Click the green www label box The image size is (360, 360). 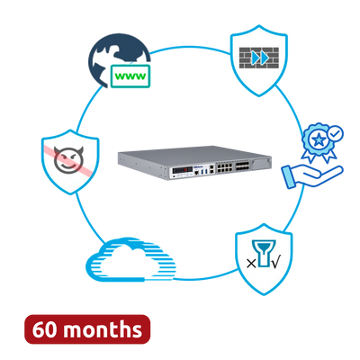[x=130, y=76]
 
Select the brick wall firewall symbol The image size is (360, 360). [x=259, y=58]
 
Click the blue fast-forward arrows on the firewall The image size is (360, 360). [x=260, y=58]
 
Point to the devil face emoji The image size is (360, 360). [x=68, y=159]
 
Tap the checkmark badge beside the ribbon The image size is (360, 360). [x=335, y=133]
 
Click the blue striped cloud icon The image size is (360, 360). [x=130, y=259]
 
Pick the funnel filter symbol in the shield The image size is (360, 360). [x=264, y=253]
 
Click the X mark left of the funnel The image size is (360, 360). [x=251, y=264]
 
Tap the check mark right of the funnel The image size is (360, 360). [x=275, y=263]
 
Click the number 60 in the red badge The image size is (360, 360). [x=44, y=329]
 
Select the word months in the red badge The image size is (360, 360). [x=103, y=329]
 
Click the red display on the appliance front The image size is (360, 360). [x=183, y=169]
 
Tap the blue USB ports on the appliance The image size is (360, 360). [x=204, y=172]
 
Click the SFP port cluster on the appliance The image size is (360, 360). [x=240, y=167]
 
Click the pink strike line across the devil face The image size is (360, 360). [x=68, y=159]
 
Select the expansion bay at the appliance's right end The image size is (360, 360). [x=261, y=163]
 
